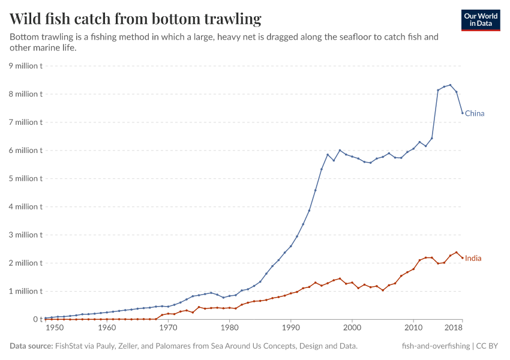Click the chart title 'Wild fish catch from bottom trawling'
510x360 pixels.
(136, 19)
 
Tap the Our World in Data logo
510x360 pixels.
(481, 20)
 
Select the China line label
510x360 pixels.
(475, 113)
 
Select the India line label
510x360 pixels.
(473, 259)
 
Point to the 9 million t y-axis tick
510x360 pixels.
(25, 66)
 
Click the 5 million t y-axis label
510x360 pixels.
(25, 179)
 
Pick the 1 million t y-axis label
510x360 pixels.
(25, 292)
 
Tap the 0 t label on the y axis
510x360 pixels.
(38, 320)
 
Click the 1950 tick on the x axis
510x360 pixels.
(53, 328)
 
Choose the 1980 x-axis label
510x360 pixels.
(229, 328)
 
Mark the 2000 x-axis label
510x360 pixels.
(352, 328)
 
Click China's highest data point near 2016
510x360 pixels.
(450, 85)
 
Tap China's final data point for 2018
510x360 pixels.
(463, 113)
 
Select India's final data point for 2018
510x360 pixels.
(463, 258)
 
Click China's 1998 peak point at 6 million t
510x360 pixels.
(340, 151)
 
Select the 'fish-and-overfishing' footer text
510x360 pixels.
(436, 346)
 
